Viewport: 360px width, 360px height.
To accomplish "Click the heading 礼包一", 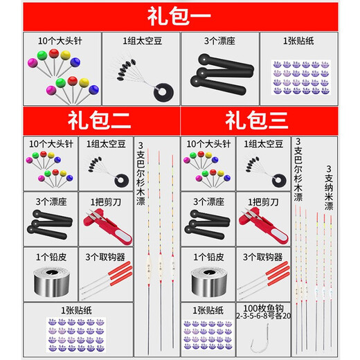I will click(179, 15).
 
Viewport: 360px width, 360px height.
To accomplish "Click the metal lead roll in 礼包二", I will click(51, 281).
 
